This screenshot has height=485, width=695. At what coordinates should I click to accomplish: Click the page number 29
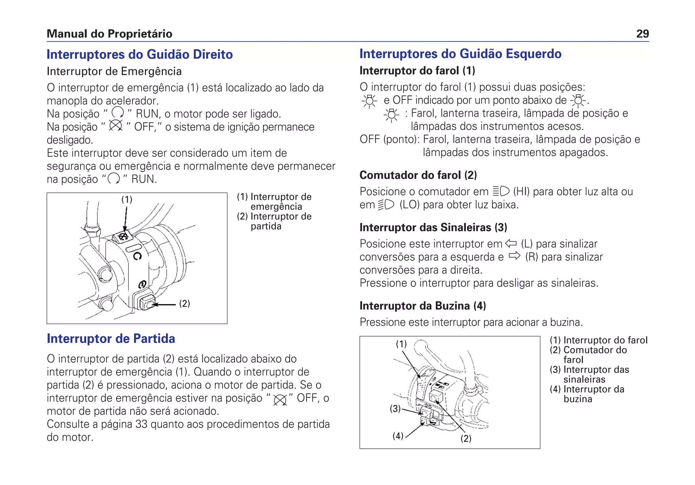coord(642,34)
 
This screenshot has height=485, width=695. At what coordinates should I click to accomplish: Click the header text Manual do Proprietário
coord(109,34)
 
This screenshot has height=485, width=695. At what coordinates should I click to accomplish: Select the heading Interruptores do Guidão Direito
coord(139,55)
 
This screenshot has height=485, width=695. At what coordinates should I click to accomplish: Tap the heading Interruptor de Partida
coord(111,339)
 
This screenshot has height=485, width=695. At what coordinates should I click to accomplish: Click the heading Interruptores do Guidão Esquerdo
coord(460,54)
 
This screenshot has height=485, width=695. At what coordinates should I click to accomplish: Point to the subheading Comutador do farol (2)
coord(418,175)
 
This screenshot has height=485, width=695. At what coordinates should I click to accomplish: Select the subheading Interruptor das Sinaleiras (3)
coord(433,227)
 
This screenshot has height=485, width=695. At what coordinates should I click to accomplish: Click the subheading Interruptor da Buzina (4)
coord(422,306)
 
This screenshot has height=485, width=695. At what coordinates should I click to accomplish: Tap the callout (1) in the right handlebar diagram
coord(127,200)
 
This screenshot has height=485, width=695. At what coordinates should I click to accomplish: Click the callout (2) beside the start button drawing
coord(185,303)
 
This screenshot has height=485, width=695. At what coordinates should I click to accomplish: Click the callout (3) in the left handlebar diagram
coord(395,409)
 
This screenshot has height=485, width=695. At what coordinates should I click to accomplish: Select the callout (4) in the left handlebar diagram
coord(398,436)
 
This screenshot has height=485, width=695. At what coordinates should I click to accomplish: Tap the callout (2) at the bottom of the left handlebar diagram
coord(466,439)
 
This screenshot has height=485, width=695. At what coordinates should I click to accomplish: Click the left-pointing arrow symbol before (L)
coord(510,243)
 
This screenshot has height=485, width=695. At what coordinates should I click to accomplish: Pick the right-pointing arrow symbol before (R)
coord(514,256)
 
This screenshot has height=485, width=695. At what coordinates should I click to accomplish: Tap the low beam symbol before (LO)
coord(386,205)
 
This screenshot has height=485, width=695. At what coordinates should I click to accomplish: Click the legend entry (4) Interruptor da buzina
coord(587,394)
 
